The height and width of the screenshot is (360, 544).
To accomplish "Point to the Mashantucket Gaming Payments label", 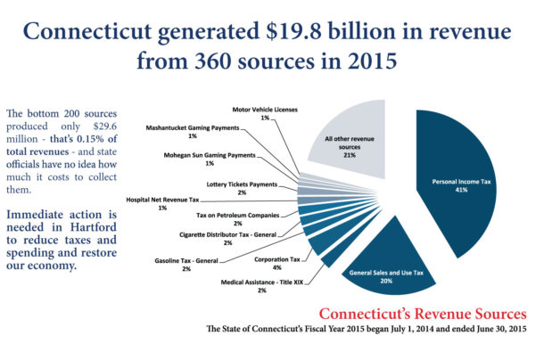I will [194, 130].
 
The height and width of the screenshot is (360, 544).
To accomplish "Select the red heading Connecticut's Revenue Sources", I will [422, 315].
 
